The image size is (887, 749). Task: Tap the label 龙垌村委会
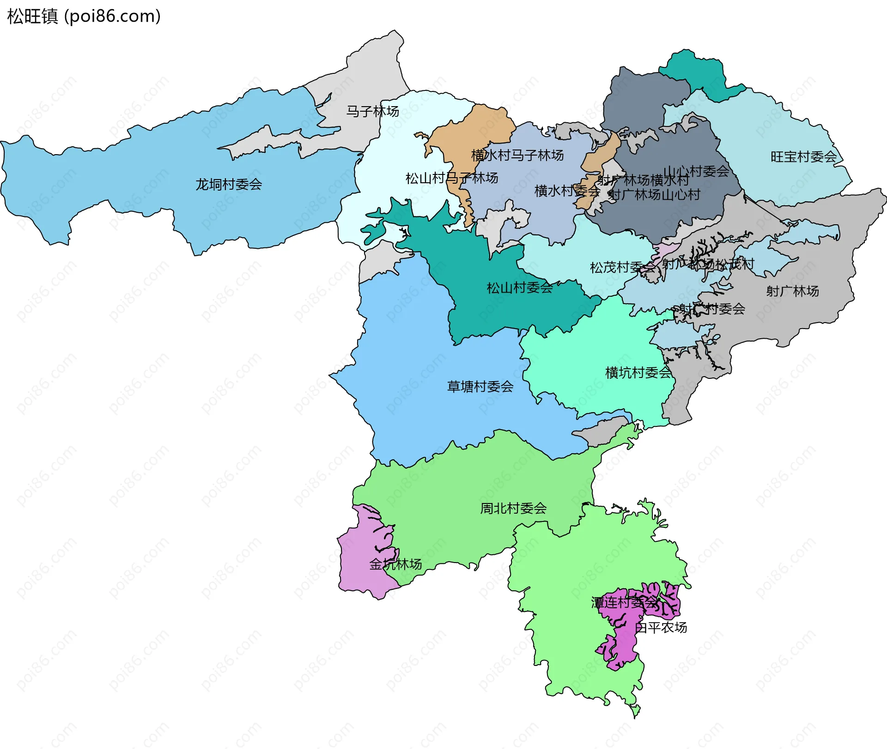point(229,185)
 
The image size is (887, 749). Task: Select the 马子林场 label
point(372,111)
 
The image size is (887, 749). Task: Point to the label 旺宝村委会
point(803,157)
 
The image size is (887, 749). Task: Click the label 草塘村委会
point(480,387)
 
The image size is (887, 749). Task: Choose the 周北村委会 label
point(513,509)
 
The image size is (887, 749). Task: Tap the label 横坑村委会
point(638,373)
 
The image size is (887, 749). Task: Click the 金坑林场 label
point(395,564)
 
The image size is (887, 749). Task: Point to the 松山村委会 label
point(520,288)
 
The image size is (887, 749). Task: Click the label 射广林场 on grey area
point(792,291)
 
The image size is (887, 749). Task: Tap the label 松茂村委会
point(622,267)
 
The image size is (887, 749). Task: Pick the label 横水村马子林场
point(517,156)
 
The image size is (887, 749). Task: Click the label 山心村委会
point(696,171)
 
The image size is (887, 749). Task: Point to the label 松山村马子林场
point(452,178)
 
